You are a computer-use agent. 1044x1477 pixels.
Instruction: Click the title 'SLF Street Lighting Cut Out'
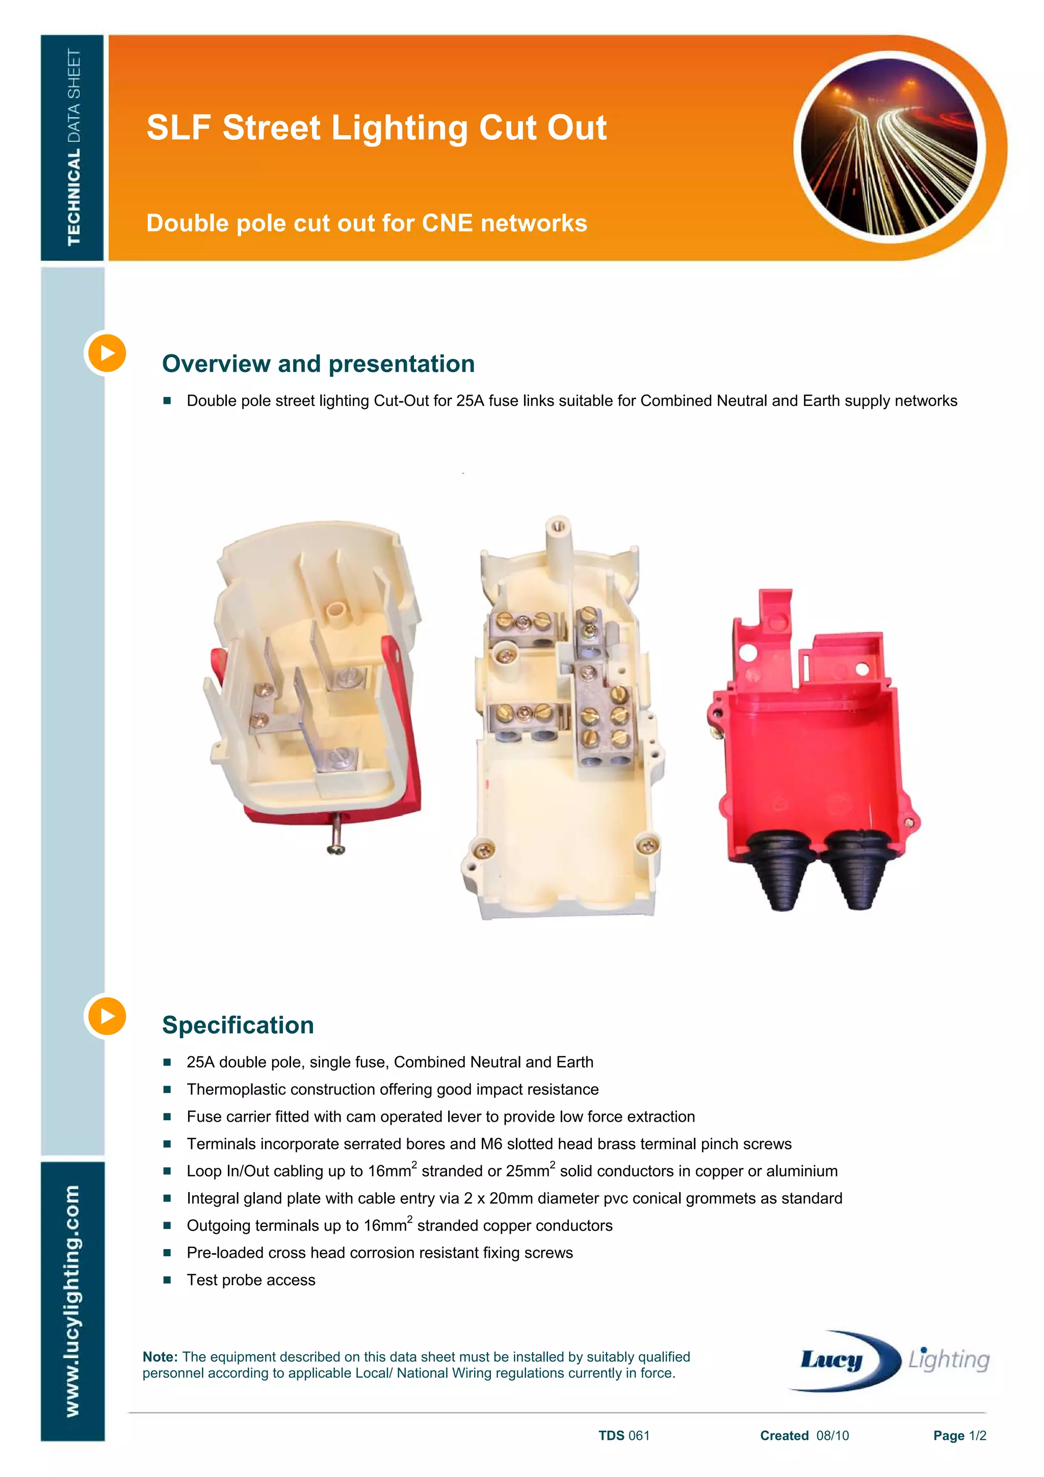click(x=376, y=127)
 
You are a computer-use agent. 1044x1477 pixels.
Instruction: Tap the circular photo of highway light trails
click(x=890, y=147)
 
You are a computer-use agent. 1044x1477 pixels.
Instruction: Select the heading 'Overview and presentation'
click(x=319, y=364)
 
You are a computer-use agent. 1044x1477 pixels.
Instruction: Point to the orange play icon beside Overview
click(x=107, y=353)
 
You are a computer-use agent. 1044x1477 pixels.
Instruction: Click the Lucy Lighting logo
click(x=891, y=1359)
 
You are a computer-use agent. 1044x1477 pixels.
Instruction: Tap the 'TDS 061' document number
click(x=623, y=1436)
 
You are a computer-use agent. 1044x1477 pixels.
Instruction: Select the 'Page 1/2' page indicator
click(x=959, y=1436)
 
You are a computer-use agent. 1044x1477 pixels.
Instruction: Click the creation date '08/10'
click(x=832, y=1436)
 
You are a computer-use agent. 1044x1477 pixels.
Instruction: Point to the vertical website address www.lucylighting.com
click(x=73, y=1300)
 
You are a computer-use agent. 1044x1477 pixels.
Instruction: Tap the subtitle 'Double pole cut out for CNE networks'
click(x=367, y=223)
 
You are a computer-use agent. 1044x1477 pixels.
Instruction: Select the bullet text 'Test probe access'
click(x=251, y=1280)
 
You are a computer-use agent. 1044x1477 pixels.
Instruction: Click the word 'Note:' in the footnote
click(x=160, y=1357)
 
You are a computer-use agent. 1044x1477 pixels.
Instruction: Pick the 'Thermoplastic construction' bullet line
click(x=393, y=1090)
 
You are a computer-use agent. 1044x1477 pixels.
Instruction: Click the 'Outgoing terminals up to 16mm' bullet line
click(x=399, y=1226)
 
